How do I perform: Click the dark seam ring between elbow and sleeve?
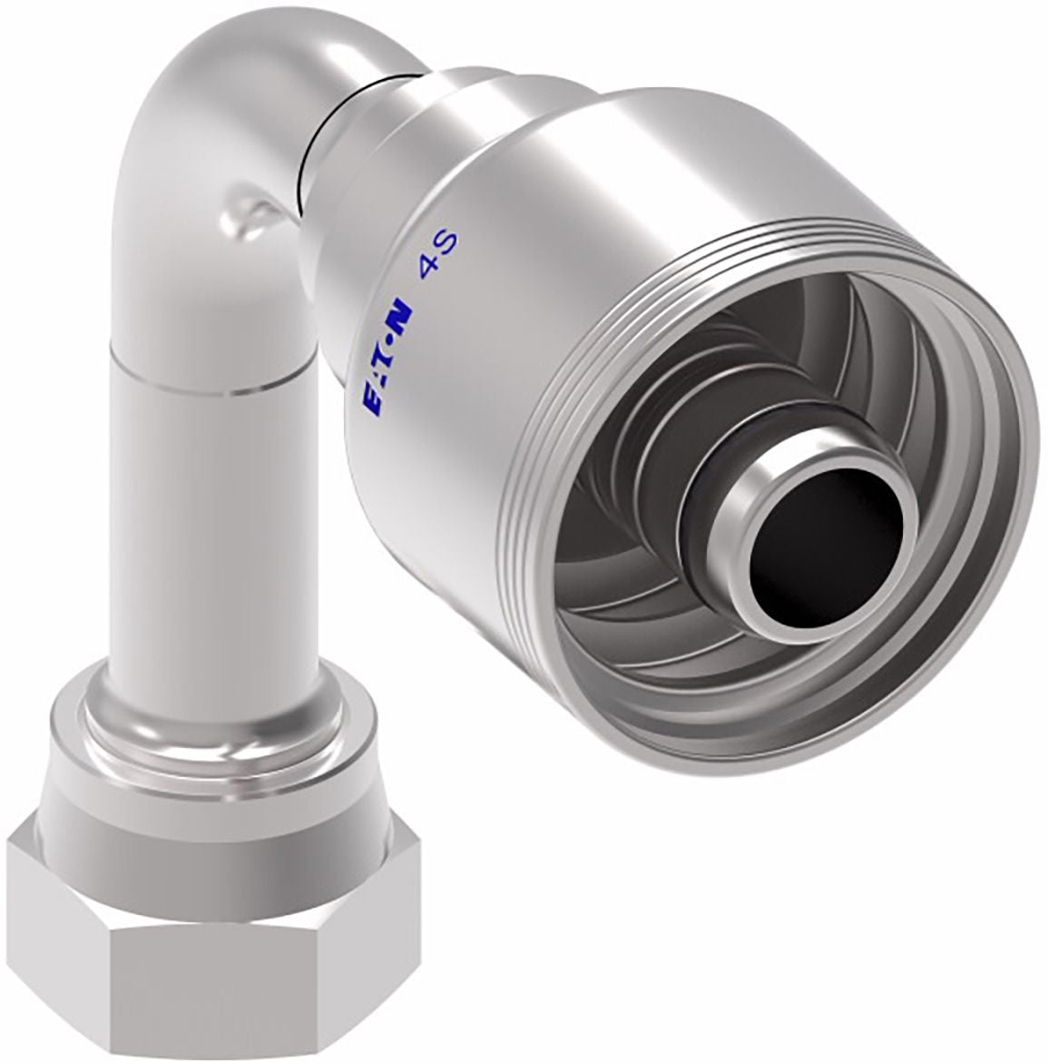(x=318, y=135)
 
